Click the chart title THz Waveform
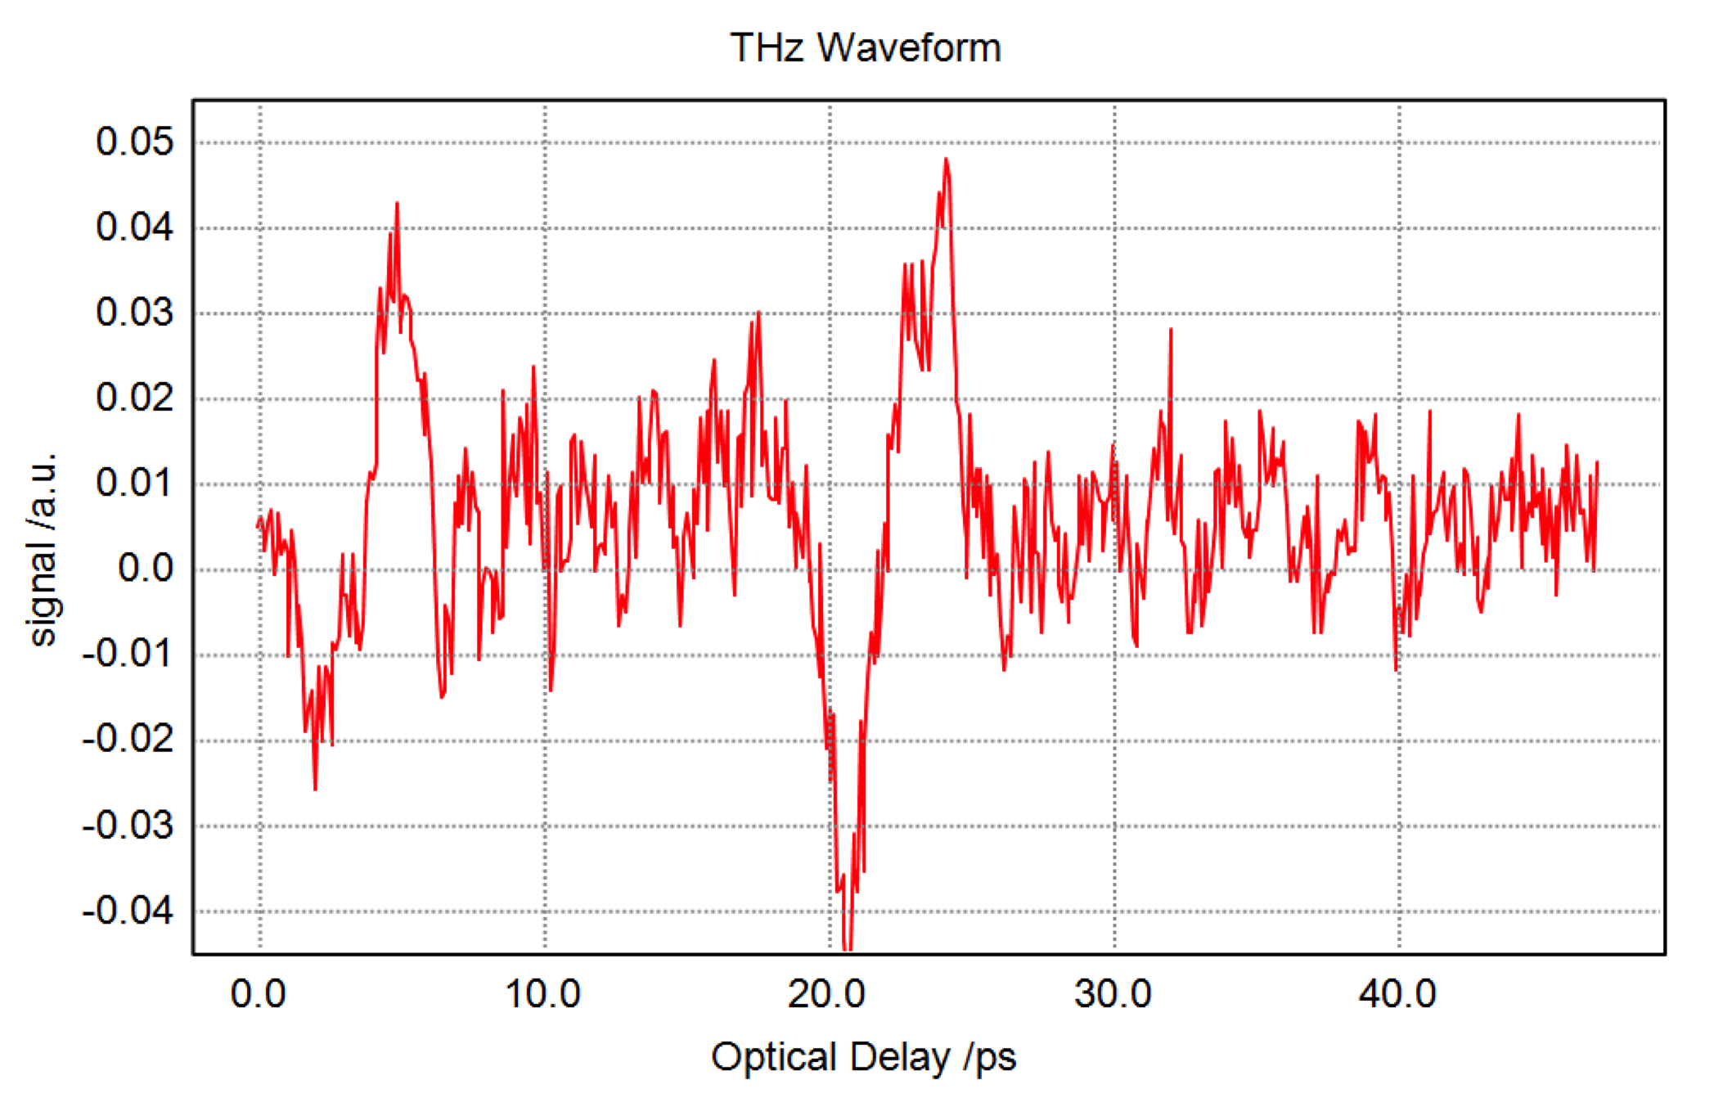[865, 47]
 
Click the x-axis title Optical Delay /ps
[863, 1056]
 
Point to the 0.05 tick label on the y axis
[134, 142]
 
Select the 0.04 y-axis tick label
[134, 227]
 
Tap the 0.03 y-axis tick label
[134, 313]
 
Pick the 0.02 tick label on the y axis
[134, 398]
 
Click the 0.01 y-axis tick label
[134, 483]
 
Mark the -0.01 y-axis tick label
[128, 654]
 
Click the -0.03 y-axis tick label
[128, 825]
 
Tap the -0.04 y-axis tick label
[128, 910]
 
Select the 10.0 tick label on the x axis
[543, 994]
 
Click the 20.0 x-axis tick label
[827, 994]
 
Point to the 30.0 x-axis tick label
[1113, 994]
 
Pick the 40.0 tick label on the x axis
[1397, 994]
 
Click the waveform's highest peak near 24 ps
[946, 159]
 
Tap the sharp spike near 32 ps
[1171, 330]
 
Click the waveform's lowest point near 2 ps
[315, 789]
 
